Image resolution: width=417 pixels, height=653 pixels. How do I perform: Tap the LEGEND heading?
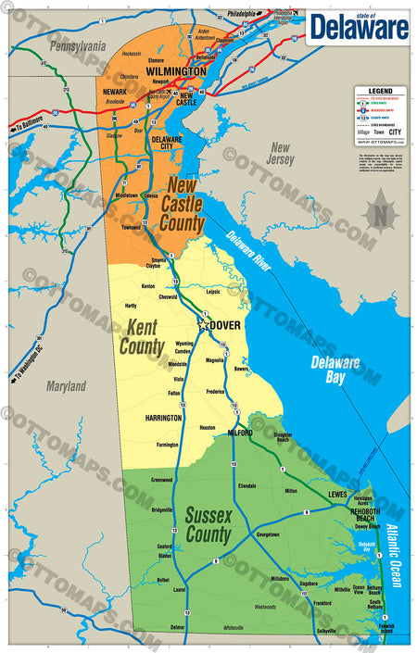tap(380, 91)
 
